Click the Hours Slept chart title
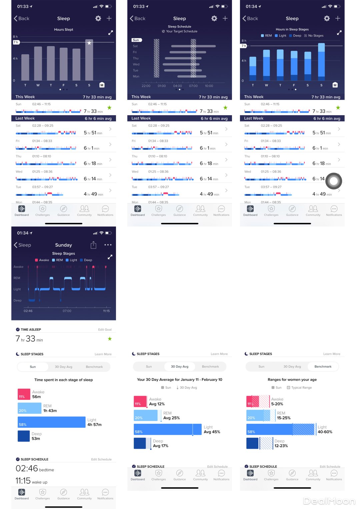63,30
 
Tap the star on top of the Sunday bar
89,43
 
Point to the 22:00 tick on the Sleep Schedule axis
146,86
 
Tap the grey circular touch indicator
334,181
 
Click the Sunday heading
63,245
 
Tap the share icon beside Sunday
93,245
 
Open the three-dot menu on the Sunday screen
108,245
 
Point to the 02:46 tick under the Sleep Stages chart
28,311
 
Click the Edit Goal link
105,330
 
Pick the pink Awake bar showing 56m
24,394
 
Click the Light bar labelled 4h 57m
51,422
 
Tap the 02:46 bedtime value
27,469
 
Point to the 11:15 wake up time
23,481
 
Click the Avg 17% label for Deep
160,446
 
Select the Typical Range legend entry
301,388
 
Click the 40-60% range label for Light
325,432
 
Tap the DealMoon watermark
329,501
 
